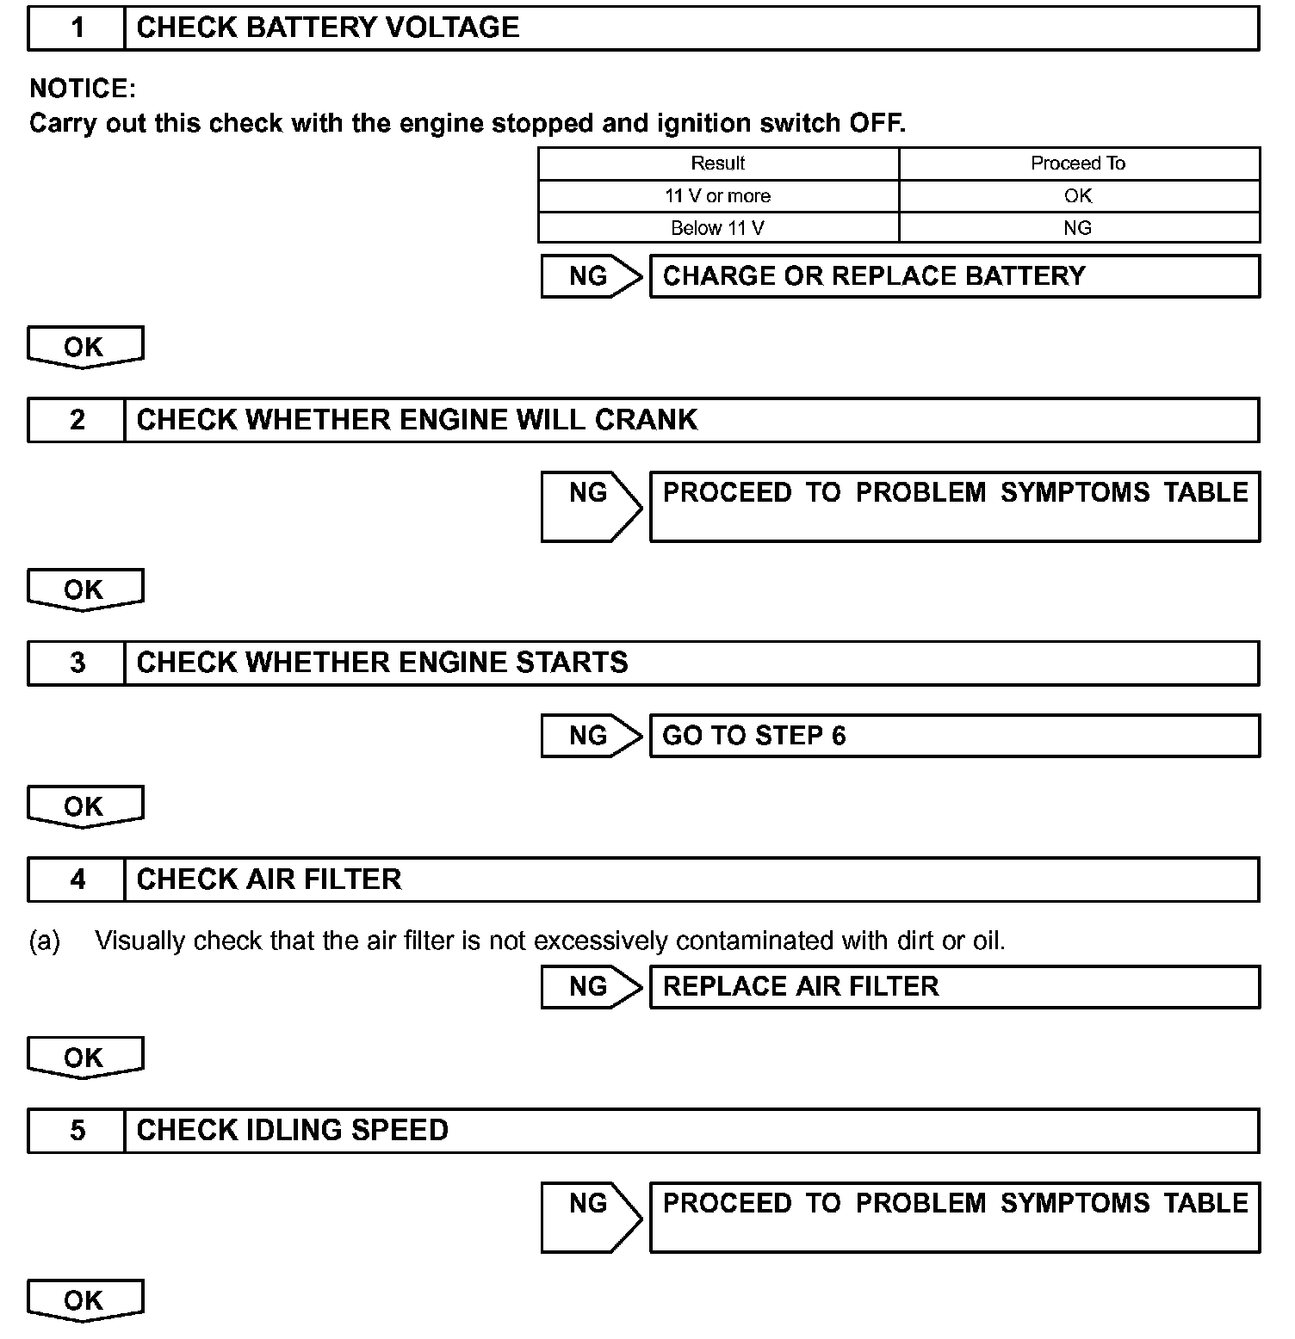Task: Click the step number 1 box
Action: click(x=77, y=28)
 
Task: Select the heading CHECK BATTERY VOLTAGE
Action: click(x=328, y=28)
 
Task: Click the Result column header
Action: click(x=718, y=164)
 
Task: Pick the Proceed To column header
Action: click(x=1078, y=164)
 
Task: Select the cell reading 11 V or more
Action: click(x=718, y=196)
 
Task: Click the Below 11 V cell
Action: click(x=718, y=228)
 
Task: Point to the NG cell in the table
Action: click(x=1078, y=228)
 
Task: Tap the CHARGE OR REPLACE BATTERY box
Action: click(x=954, y=276)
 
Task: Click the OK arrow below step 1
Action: click(x=84, y=348)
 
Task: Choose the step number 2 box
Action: click(x=77, y=420)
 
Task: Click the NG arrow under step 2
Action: click(x=590, y=506)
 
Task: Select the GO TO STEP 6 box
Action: click(x=954, y=736)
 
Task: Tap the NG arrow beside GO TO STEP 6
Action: click(x=590, y=736)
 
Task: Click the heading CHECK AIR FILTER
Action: click(x=270, y=879)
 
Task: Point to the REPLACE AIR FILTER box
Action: click(x=954, y=986)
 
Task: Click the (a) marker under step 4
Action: click(x=45, y=941)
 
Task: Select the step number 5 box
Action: click(x=77, y=1131)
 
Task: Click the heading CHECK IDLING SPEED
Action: click(x=293, y=1131)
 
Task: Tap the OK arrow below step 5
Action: click(x=84, y=1300)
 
